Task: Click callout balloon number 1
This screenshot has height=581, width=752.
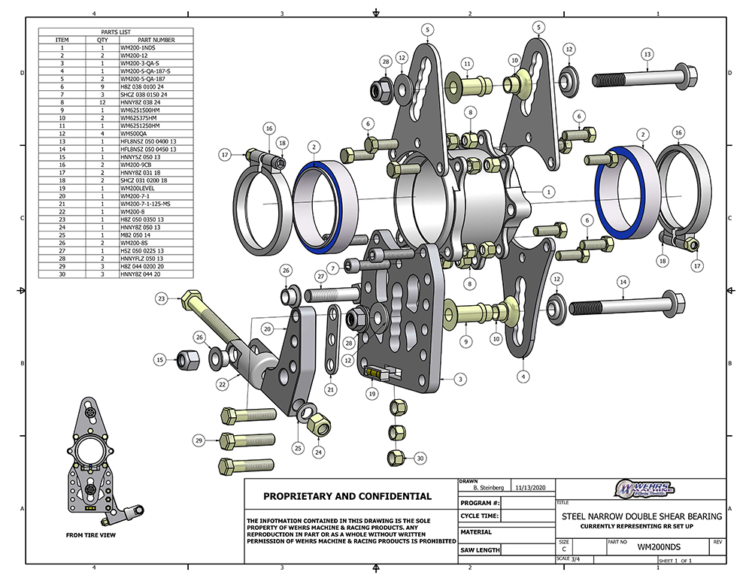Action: [550, 192]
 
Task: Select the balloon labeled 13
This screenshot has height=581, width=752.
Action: [646, 53]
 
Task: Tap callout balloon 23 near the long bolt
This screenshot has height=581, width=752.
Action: [161, 298]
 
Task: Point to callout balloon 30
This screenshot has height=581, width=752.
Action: [420, 458]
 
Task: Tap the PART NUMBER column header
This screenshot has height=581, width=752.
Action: [155, 40]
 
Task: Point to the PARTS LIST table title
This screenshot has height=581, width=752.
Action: [116, 32]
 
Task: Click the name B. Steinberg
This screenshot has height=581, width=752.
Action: [483, 487]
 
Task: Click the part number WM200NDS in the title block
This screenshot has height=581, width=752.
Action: [638, 549]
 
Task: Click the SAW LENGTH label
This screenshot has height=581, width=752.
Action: [480, 550]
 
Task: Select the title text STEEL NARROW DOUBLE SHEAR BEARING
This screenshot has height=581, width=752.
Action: [641, 516]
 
